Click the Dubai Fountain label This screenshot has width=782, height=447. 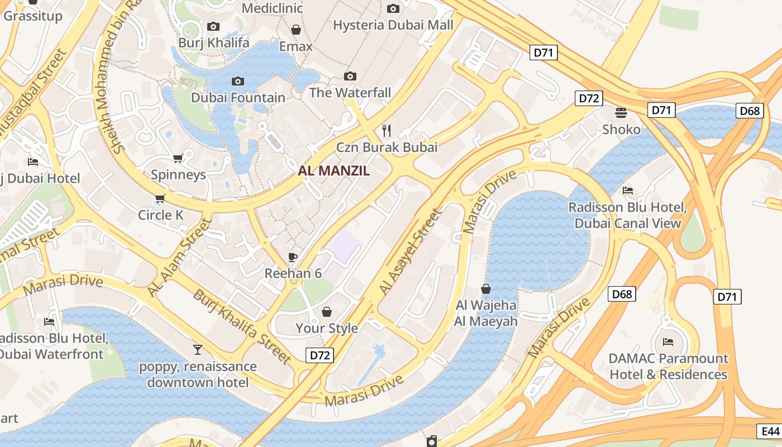coord(238,98)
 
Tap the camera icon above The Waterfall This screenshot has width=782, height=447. coord(350,76)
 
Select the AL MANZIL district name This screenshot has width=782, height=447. coord(334,171)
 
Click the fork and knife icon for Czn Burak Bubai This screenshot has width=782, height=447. coord(387,131)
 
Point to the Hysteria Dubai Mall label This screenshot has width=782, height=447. coord(393,25)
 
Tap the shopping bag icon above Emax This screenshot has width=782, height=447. coord(296,29)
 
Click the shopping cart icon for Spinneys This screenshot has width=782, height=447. coord(178,158)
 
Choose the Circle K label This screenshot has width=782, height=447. coord(161,215)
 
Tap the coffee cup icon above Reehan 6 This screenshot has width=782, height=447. coord(292,257)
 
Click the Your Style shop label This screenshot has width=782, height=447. coord(327,328)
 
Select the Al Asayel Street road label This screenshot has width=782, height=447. coord(410,252)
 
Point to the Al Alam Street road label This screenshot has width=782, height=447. coord(179,258)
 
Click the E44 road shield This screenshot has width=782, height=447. coord(770,431)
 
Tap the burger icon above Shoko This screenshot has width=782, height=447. coord(621,112)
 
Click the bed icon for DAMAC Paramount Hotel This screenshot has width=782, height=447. coord(668,341)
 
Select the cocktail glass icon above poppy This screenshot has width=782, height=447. coord(198,350)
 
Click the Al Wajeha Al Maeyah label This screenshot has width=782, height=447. coord(486,313)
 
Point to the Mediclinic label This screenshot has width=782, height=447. coord(272,8)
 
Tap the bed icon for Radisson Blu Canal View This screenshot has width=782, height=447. coord(628,191)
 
